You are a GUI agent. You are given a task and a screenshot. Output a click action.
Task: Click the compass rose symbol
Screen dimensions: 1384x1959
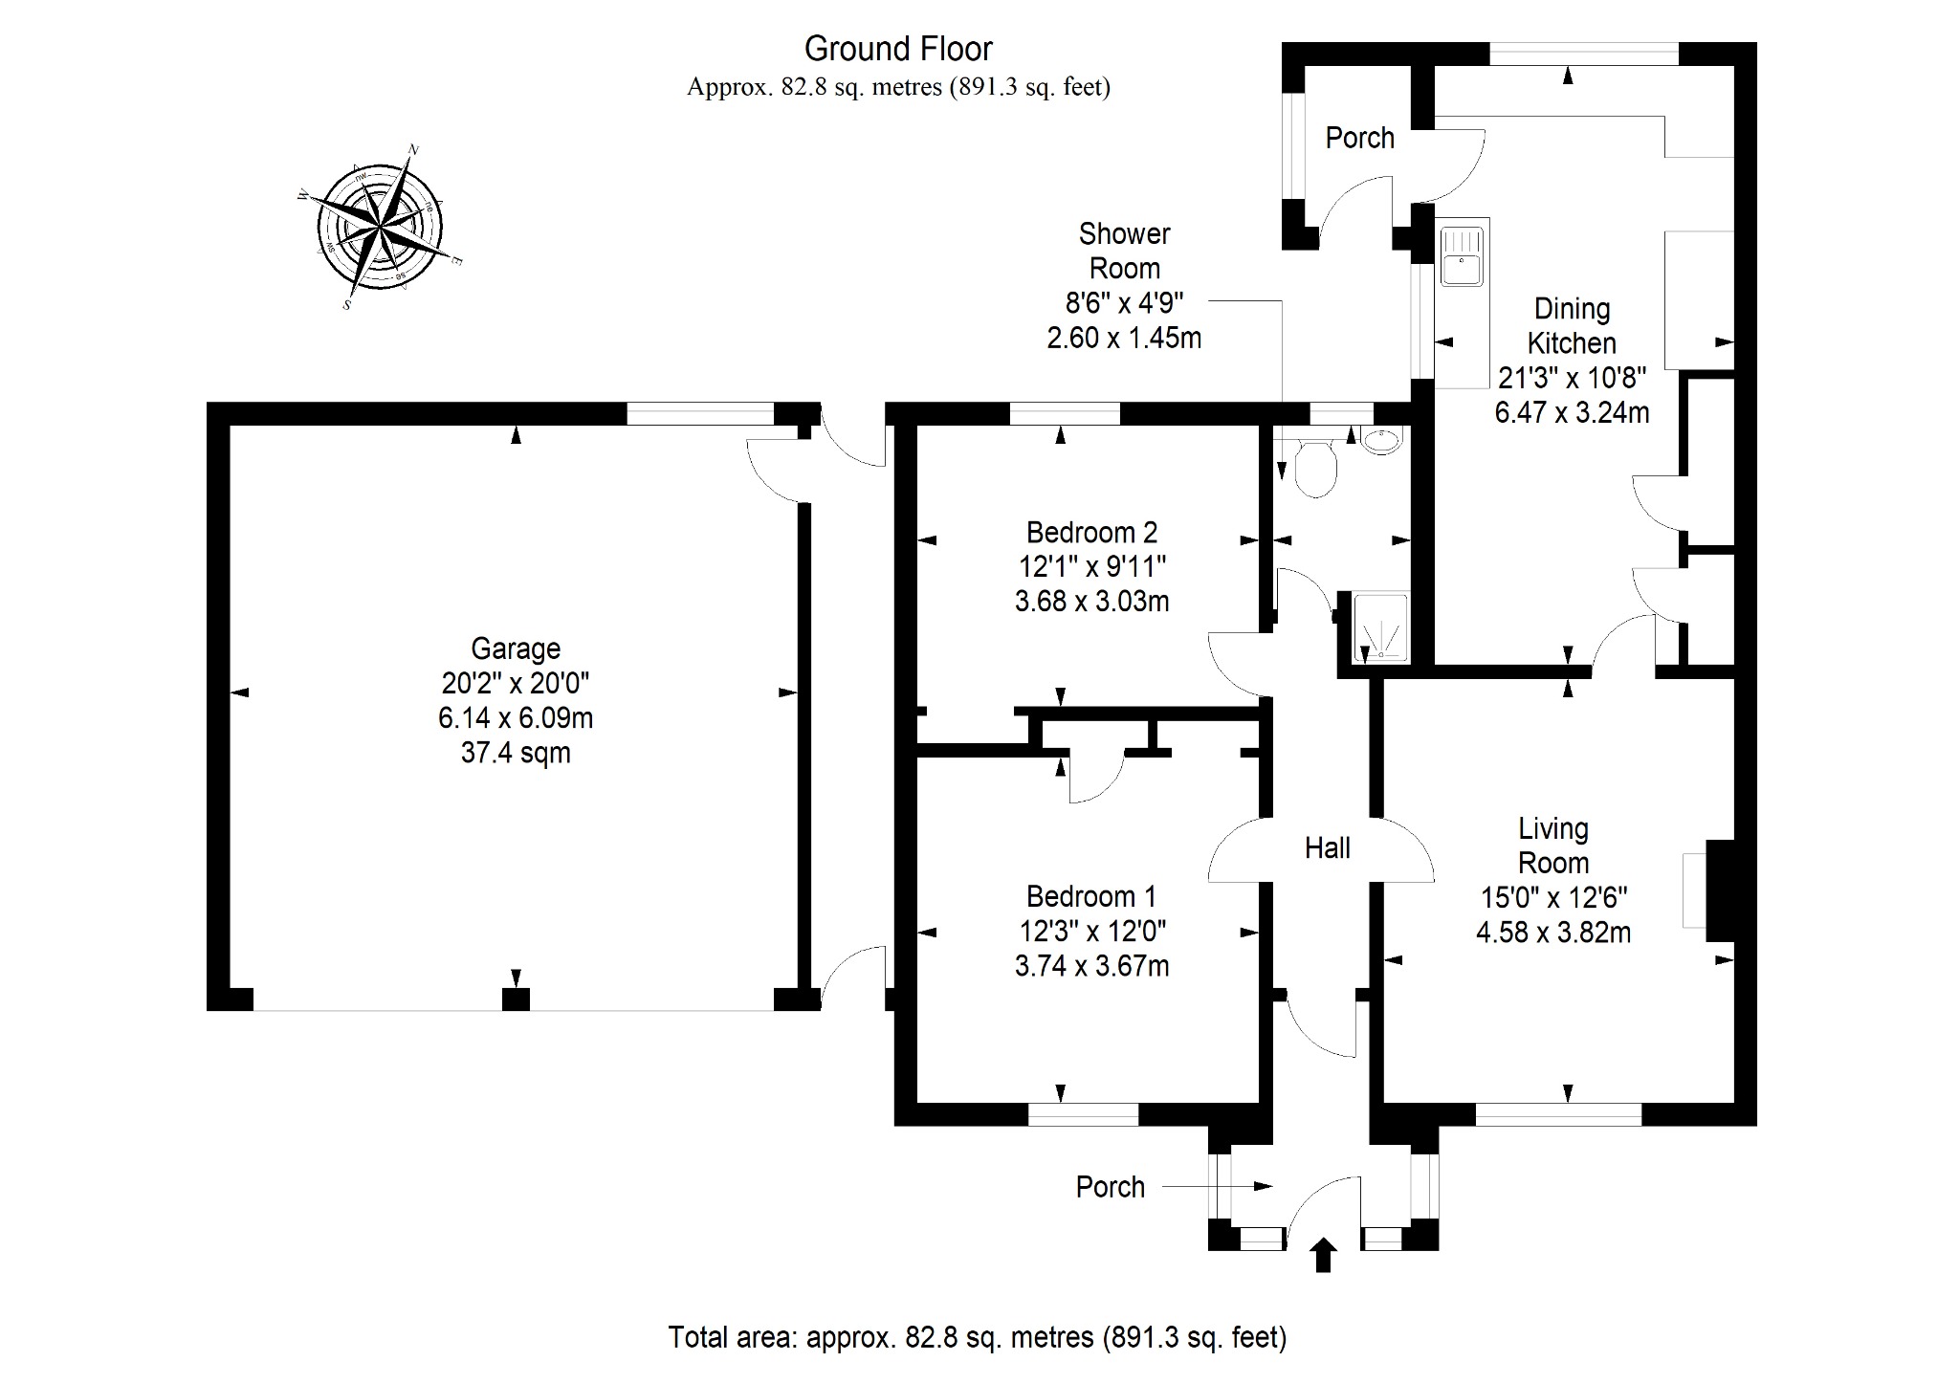click(x=381, y=228)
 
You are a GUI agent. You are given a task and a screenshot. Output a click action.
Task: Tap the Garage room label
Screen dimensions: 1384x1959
click(x=516, y=649)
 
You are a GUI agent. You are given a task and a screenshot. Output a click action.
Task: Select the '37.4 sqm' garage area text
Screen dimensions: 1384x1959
click(x=516, y=753)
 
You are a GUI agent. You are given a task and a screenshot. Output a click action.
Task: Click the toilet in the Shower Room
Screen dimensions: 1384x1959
click(x=1315, y=468)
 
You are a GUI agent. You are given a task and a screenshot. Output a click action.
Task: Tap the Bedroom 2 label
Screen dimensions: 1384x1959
click(x=1091, y=533)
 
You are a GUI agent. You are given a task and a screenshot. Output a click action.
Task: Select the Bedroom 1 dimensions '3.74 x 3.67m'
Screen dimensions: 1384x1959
click(x=1091, y=966)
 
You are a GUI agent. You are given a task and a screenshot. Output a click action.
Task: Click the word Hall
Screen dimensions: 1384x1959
click(x=1328, y=848)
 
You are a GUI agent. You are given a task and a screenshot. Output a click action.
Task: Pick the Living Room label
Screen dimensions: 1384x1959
click(x=1553, y=846)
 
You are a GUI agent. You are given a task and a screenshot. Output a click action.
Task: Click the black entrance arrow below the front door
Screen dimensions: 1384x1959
click(x=1323, y=1255)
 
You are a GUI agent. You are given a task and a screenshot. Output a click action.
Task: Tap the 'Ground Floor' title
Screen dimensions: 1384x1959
click(x=898, y=49)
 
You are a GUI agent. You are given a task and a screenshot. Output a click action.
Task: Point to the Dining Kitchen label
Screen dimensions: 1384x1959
click(x=1572, y=326)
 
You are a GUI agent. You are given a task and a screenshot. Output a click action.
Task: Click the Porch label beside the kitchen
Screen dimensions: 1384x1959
click(x=1359, y=139)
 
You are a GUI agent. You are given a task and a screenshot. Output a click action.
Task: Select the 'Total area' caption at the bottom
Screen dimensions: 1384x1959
click(x=977, y=1337)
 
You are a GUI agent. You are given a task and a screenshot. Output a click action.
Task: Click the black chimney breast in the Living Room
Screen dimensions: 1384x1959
click(x=1720, y=890)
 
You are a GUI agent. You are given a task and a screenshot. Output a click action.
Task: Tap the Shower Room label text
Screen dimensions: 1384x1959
click(x=1125, y=251)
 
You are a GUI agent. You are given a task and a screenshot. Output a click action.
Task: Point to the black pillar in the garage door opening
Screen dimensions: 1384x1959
click(x=516, y=1000)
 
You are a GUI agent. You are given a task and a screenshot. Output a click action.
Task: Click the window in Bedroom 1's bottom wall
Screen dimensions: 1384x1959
click(x=1083, y=1114)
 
